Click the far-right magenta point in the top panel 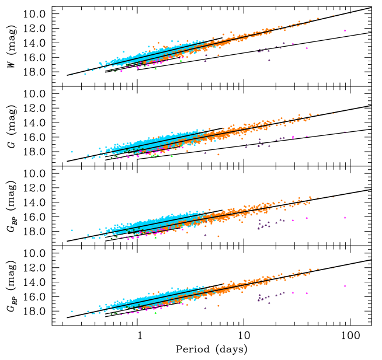[345, 30]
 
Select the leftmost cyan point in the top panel [72, 75]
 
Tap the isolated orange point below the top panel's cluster [218, 55]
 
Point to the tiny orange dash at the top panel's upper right [333, 16]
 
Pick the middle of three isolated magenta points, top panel [293, 44]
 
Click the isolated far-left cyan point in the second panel [72, 152]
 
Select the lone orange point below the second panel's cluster [218, 155]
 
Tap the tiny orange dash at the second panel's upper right [333, 114]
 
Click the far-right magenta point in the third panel [345, 218]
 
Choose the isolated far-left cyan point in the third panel [72, 230]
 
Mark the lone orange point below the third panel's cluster [218, 236]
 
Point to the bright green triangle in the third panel [155, 237]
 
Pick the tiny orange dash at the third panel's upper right [333, 197]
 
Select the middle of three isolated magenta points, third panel [293, 220]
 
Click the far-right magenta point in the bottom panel [345, 286]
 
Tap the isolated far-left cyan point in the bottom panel [72, 312]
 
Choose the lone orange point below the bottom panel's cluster [218, 306]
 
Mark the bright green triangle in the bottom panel [155, 313]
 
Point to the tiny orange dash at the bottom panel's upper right [333, 268]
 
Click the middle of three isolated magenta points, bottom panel [293, 293]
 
